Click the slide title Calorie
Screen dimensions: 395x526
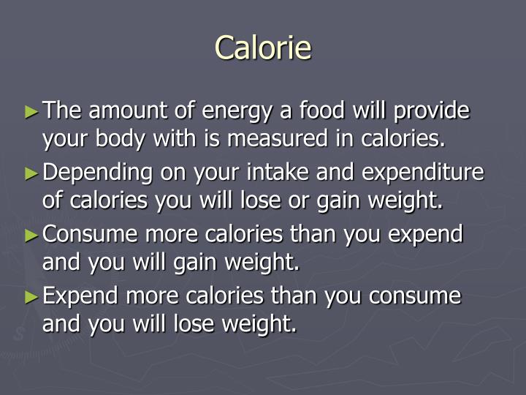263,48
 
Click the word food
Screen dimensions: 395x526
323,112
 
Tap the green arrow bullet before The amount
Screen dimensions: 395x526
30,113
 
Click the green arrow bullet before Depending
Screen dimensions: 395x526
30,174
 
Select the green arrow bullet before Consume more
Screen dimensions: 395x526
30,236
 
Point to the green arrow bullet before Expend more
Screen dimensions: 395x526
30,297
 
